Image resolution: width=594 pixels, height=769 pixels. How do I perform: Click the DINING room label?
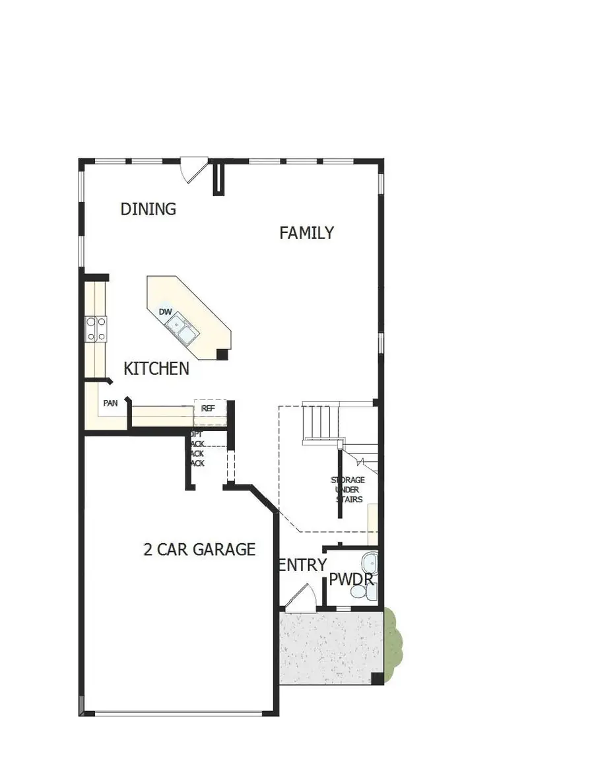click(x=148, y=209)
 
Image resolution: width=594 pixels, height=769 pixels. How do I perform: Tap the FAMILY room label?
click(x=306, y=233)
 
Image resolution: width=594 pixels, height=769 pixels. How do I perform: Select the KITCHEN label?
click(x=156, y=368)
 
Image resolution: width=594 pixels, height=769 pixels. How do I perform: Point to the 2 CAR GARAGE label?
click(x=199, y=549)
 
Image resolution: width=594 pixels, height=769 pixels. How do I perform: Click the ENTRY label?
click(x=303, y=565)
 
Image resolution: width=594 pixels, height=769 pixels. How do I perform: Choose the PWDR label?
click(x=352, y=580)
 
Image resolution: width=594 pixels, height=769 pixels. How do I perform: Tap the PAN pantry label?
click(x=110, y=403)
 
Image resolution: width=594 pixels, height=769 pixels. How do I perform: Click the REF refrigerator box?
click(x=209, y=409)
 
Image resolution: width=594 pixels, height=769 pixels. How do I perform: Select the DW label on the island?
click(x=165, y=312)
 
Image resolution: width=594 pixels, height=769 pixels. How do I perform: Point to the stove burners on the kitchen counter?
click(x=96, y=329)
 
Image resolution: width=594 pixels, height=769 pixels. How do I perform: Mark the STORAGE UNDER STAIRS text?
click(x=346, y=490)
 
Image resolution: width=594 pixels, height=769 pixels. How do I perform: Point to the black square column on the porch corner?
click(x=376, y=678)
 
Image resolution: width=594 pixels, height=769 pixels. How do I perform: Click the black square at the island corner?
click(x=222, y=354)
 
